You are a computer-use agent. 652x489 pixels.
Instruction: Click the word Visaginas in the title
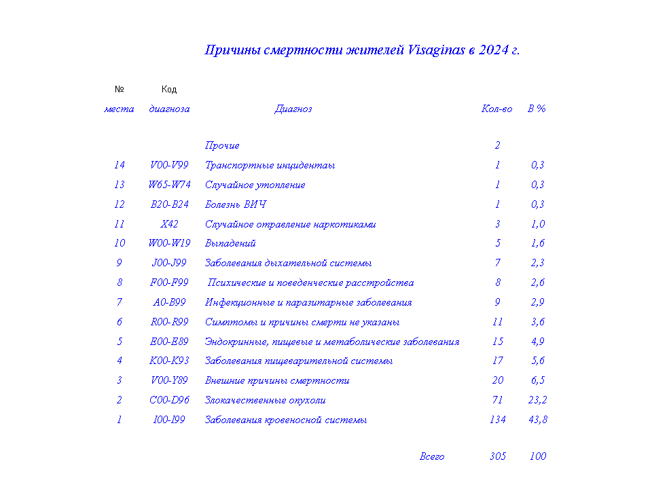[x=437, y=50]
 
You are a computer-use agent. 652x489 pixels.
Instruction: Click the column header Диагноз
[x=293, y=109]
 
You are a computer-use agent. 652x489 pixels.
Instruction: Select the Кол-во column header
[x=496, y=109]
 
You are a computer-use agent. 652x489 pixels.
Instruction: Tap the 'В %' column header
[x=537, y=109]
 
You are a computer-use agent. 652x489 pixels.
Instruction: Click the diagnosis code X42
[x=169, y=224]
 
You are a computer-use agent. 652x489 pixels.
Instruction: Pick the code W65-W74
[x=169, y=185]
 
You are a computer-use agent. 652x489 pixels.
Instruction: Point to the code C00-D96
[x=169, y=400]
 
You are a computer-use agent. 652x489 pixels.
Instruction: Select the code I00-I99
[x=169, y=420]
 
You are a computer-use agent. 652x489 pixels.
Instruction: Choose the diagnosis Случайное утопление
[x=255, y=185]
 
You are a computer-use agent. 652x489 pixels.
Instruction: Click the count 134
[x=498, y=420]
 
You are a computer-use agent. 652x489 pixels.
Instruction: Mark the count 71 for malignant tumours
[x=498, y=400]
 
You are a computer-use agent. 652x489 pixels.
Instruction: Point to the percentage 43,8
[x=537, y=420]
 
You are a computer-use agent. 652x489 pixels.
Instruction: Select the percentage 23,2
[x=537, y=400]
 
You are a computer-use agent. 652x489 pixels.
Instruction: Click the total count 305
[x=498, y=456]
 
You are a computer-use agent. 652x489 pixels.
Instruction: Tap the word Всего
[x=432, y=456]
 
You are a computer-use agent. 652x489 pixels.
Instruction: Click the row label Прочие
[x=222, y=145]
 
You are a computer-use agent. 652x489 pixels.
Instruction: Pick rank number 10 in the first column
[x=120, y=243]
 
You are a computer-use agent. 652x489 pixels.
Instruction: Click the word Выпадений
[x=230, y=243]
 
